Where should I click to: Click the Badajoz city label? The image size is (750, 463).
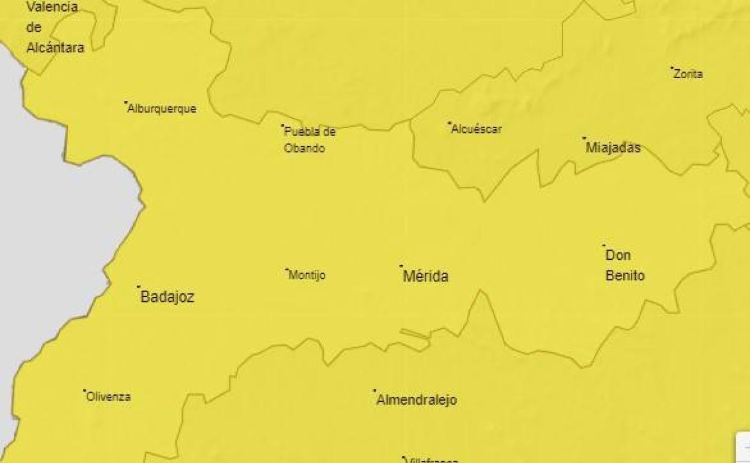point(167,297)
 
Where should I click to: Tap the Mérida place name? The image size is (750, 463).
point(425,277)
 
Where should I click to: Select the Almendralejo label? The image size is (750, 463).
point(416,400)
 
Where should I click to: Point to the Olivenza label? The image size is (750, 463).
point(109,397)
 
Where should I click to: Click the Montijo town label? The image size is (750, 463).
point(307,275)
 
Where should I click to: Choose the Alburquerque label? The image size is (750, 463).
point(162,109)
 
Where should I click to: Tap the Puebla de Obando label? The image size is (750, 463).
point(309,140)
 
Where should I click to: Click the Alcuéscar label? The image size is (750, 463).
point(476,129)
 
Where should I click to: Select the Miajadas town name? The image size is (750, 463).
point(613,148)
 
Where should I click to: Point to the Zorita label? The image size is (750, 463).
point(688,75)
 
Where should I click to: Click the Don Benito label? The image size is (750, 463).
point(625,266)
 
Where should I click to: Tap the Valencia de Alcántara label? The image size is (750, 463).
point(55,28)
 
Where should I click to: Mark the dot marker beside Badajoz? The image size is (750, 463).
point(139,287)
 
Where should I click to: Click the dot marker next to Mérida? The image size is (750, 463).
point(401,266)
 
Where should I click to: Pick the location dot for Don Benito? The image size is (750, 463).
point(604,245)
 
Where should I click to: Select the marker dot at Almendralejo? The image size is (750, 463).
point(374,390)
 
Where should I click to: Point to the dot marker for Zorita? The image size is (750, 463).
point(672,68)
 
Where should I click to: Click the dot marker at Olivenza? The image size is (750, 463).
point(84,390)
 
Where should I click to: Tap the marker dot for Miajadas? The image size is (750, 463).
point(584,138)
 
